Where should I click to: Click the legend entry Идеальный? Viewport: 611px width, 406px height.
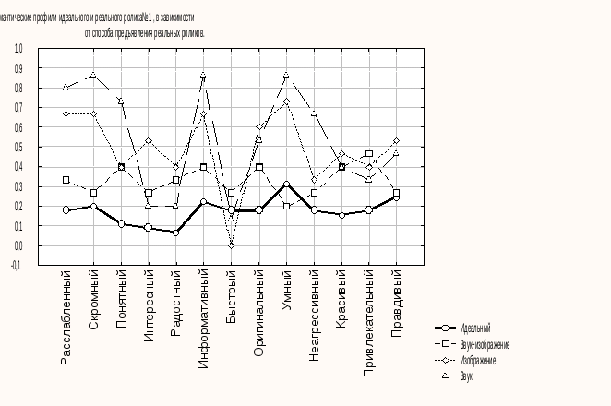click(x=474, y=328)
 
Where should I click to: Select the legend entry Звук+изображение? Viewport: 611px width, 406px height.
click(x=485, y=344)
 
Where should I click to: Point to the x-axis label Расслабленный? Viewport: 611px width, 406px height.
click(x=66, y=317)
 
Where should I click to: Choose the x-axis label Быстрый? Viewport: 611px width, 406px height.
click(x=231, y=294)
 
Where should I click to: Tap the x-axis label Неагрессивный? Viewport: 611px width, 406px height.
click(x=314, y=316)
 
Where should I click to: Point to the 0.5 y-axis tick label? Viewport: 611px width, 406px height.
click(x=18, y=147)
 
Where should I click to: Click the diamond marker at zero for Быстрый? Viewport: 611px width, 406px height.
click(x=231, y=245)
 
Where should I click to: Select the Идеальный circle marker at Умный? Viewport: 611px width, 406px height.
click(x=286, y=185)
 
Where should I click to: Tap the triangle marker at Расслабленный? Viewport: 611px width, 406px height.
click(x=66, y=88)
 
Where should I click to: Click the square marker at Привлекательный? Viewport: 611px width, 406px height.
click(x=369, y=154)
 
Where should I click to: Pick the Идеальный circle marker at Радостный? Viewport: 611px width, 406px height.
click(x=175, y=233)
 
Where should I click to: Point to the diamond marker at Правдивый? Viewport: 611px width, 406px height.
click(x=397, y=141)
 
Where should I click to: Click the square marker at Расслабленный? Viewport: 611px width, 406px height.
click(x=66, y=180)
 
